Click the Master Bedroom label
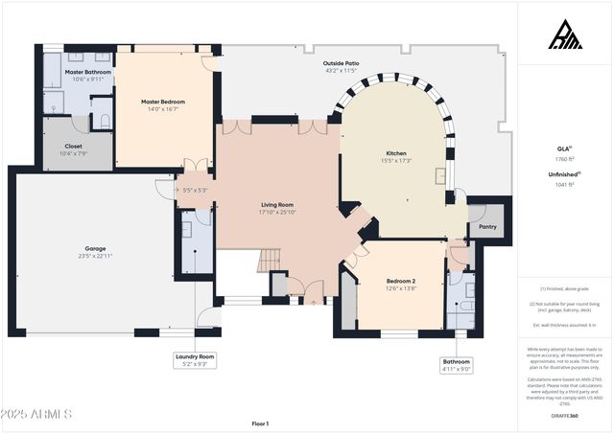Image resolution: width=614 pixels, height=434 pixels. click(x=162, y=102)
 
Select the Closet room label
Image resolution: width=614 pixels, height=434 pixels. click(x=73, y=146)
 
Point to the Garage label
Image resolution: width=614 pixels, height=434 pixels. click(x=96, y=247)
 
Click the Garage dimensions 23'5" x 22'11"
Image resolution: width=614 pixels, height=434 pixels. click(x=96, y=256)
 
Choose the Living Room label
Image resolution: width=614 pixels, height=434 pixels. click(x=277, y=204)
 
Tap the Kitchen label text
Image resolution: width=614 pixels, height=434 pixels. click(x=397, y=153)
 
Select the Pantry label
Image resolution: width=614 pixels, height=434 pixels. click(x=487, y=227)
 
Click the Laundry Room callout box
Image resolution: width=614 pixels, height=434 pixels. click(x=194, y=360)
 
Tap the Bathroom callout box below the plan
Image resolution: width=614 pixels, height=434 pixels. click(x=457, y=365)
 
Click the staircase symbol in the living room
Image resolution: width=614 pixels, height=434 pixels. click(x=270, y=261)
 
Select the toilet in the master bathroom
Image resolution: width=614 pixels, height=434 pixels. click(x=104, y=120)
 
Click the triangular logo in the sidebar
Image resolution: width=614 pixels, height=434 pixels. click(x=565, y=34)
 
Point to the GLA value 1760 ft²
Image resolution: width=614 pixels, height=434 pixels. click(x=565, y=158)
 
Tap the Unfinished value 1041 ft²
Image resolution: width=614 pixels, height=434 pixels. click(x=565, y=186)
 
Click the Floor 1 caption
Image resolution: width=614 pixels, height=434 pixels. click(x=260, y=423)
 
